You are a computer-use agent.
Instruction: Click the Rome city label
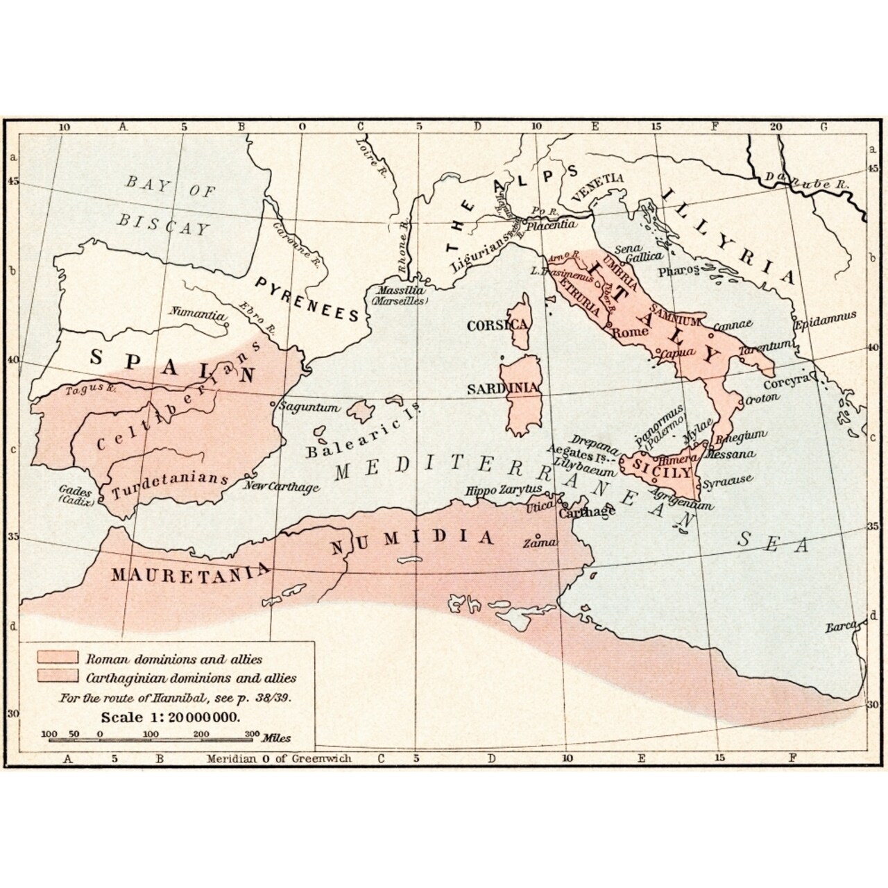628,332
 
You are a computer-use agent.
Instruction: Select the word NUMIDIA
413,540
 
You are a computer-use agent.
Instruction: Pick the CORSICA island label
498,325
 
